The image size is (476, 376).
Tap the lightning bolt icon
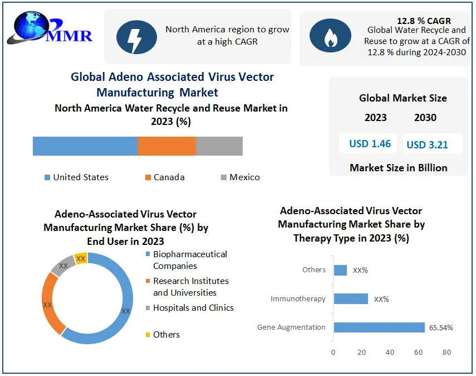point(136,37)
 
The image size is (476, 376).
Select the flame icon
point(330,37)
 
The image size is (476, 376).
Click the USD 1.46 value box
point(370,143)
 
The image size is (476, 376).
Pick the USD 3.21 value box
point(426,144)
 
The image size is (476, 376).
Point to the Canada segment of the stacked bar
point(166,146)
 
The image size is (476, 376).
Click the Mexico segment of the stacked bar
point(219,146)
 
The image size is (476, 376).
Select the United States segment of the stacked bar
point(85,146)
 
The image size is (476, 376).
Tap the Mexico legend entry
point(240,177)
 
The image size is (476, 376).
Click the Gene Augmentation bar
point(379,327)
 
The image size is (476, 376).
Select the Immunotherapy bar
point(351,298)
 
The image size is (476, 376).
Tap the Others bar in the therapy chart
point(340,270)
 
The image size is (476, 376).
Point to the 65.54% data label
point(440,327)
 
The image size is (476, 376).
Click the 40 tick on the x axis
point(390,353)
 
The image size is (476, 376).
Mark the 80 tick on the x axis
point(446,353)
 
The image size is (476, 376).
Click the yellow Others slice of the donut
point(81,258)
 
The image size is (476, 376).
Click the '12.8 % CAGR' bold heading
point(424,21)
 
